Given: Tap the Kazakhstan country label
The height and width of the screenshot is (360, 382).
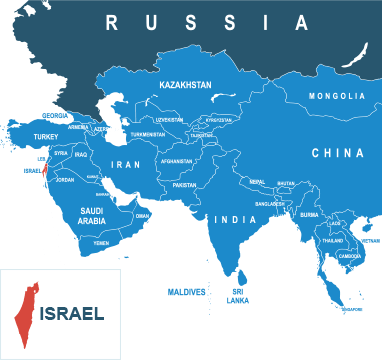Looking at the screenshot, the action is pos(185,86).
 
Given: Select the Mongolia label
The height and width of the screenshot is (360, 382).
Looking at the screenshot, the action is pos(337,96).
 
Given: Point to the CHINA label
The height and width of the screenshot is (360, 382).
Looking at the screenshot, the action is pos(337,153).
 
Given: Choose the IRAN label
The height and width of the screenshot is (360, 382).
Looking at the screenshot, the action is pos(127,164).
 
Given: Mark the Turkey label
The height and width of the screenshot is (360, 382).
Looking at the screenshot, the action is pos(47,136).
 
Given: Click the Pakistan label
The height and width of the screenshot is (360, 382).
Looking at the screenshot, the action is pos(184,185).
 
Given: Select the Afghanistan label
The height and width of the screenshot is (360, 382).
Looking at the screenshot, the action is pos(176,161).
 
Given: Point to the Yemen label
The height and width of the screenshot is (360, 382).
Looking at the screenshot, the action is pos(101,243).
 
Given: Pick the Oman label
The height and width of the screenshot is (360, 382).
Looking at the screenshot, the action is pos(142,215).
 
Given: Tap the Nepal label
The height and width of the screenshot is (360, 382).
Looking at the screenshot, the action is pos(257,182).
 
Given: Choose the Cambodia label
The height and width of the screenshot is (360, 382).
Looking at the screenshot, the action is pos(350,256).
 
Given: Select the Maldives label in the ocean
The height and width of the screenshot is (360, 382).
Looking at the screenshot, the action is pos(187,292).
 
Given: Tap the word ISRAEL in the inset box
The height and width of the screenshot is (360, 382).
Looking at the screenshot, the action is pos(72,313).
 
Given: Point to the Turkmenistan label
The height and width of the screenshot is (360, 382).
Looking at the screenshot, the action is pos(147,135).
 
